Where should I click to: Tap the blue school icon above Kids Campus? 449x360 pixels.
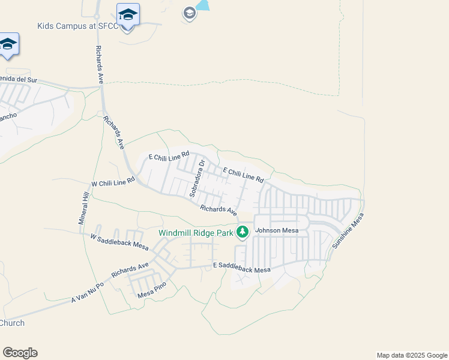pos(128,14)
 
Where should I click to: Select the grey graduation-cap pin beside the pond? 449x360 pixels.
pos(189,13)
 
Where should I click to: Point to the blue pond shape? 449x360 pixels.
pos(203,5)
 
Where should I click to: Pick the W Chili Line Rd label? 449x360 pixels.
pos(113,181)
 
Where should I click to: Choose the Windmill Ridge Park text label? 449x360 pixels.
pos(196,233)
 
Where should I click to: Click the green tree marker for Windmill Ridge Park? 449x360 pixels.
pos(243,232)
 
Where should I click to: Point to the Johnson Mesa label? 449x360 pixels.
pos(277,230)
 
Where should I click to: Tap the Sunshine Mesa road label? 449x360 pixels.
pos(348,234)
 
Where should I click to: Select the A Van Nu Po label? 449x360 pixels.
pos(88,290)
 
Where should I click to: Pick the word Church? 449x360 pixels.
pos(12,323)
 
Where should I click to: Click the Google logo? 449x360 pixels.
pos(20,353)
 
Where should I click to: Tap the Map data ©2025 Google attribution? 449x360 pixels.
pos(411,355)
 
